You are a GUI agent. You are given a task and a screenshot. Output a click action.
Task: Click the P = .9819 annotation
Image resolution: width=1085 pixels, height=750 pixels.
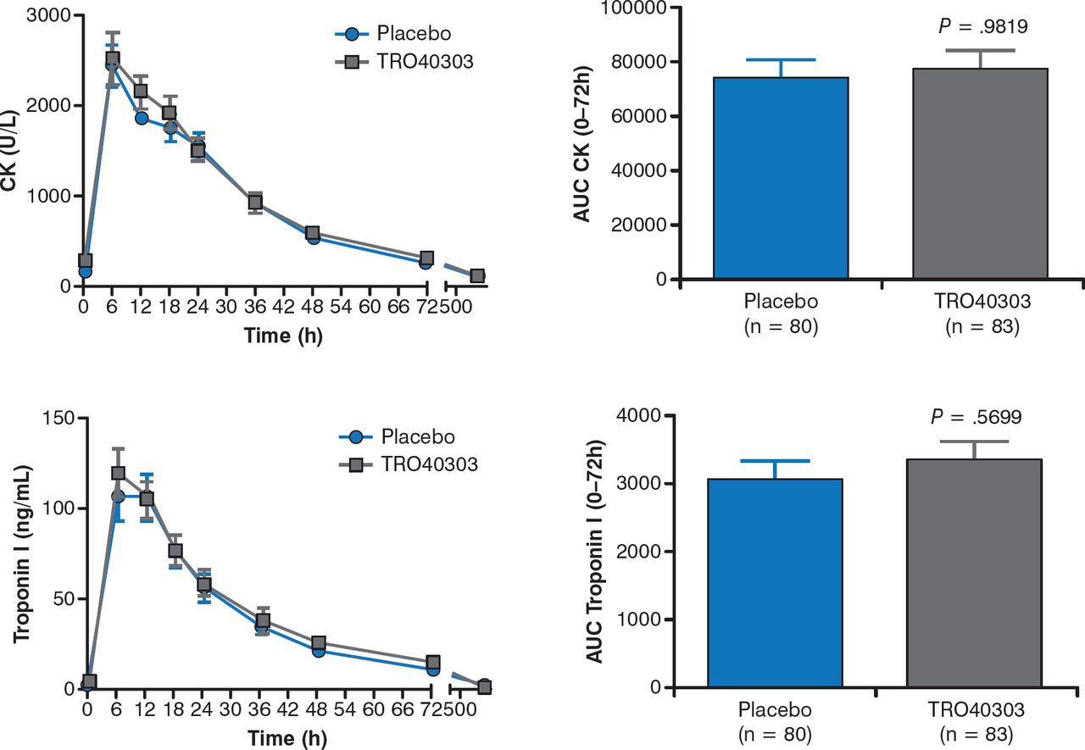(983, 27)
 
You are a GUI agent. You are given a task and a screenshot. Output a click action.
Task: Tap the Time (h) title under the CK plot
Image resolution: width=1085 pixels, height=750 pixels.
(283, 336)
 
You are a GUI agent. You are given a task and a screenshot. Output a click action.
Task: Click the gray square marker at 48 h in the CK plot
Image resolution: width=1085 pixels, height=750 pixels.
(312, 233)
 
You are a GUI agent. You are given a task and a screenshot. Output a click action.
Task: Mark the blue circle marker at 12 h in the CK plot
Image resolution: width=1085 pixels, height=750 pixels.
(141, 118)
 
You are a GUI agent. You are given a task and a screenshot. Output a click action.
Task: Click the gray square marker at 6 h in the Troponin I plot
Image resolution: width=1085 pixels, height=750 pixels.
(119, 473)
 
